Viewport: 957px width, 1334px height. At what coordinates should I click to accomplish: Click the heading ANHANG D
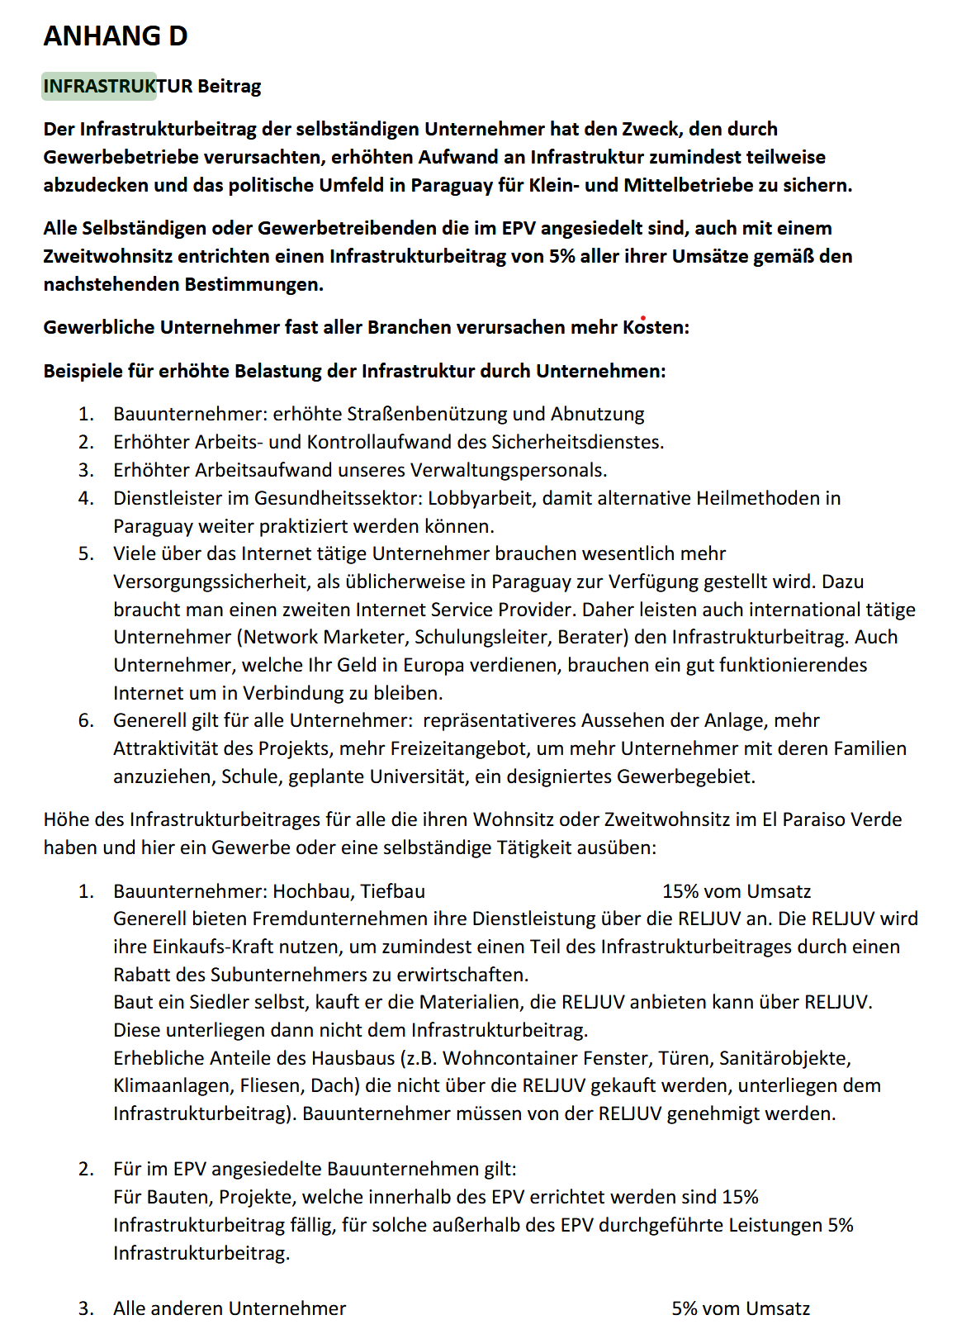(116, 36)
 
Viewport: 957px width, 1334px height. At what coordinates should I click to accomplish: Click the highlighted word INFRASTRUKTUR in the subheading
(99, 86)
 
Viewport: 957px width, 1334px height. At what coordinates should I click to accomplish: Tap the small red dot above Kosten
(643, 318)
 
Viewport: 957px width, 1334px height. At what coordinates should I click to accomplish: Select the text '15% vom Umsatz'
(737, 891)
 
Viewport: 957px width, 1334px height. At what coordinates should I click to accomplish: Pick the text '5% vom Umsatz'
(741, 1308)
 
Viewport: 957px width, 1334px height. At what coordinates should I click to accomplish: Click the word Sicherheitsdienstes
(577, 442)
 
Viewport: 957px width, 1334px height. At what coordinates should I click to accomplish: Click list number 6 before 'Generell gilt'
(86, 720)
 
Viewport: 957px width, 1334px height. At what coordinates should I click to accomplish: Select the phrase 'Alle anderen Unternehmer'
(230, 1308)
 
